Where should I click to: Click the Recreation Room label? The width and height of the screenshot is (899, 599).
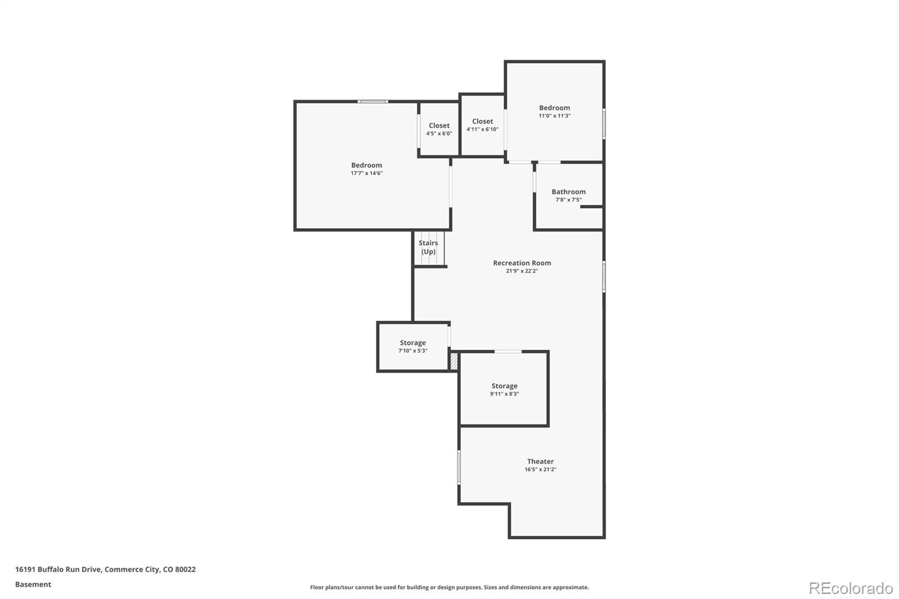pyautogui.click(x=521, y=262)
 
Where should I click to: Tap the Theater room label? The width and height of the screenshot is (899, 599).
pyautogui.click(x=540, y=461)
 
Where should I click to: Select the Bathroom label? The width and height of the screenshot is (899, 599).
pyautogui.click(x=568, y=192)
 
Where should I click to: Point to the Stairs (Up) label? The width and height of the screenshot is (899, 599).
pyautogui.click(x=428, y=247)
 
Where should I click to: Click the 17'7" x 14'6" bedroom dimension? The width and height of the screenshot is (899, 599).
pyautogui.click(x=366, y=173)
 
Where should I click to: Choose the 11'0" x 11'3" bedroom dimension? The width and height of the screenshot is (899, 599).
pyautogui.click(x=555, y=116)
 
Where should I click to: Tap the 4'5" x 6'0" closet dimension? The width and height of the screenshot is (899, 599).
pyautogui.click(x=439, y=134)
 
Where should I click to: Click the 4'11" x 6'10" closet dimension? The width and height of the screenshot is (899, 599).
pyautogui.click(x=482, y=129)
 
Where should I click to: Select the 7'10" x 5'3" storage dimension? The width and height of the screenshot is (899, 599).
pyautogui.click(x=413, y=351)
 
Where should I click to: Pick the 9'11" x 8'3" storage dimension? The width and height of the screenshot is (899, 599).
pyautogui.click(x=504, y=394)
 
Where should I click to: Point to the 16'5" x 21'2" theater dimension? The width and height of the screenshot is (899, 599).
pyautogui.click(x=540, y=469)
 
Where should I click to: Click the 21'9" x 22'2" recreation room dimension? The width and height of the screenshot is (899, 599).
pyautogui.click(x=521, y=271)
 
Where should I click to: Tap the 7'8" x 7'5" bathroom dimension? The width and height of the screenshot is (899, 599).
pyautogui.click(x=568, y=199)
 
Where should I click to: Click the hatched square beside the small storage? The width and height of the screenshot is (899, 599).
pyautogui.click(x=454, y=361)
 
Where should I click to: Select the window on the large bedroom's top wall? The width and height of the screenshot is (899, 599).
pyautogui.click(x=373, y=102)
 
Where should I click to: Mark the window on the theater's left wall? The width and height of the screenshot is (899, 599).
pyautogui.click(x=459, y=466)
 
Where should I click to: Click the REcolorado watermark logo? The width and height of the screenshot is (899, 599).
pyautogui.click(x=850, y=588)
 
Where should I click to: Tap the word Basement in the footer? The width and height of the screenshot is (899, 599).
pyautogui.click(x=33, y=584)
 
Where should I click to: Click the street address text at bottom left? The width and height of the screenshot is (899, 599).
pyautogui.click(x=106, y=569)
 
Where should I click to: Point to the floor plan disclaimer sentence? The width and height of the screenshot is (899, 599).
pyautogui.click(x=449, y=587)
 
